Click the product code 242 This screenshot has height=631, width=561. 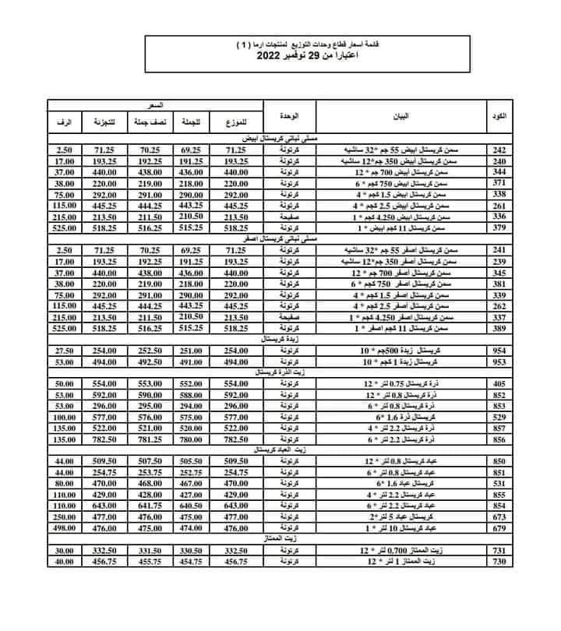pos(498,148)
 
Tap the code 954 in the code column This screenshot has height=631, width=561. pos(498,352)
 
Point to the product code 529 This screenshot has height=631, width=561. pos(498,418)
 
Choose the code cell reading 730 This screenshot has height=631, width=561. pos(498,561)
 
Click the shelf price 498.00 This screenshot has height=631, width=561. pos(65,528)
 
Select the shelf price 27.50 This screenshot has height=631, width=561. pos(65,352)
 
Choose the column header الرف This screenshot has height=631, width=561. pos(65,124)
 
